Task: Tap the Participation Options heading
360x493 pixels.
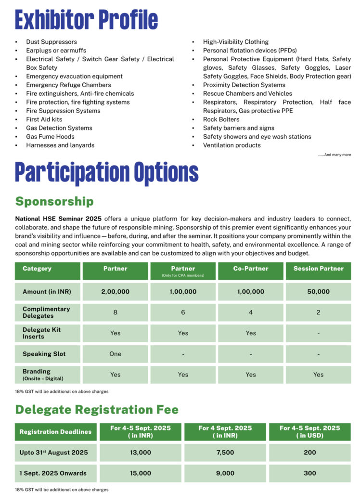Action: pos(106,172)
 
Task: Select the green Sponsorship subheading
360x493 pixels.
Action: pos(54,201)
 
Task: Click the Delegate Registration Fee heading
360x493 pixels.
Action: pos(97,410)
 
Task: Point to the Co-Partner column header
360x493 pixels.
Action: pos(251,269)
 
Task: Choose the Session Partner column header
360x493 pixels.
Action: pos(318,269)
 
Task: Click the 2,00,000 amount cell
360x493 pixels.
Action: pos(115,292)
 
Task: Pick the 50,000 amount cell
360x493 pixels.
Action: pos(318,292)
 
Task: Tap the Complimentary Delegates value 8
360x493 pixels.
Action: pos(115,312)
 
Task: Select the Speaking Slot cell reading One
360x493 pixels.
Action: pos(115,354)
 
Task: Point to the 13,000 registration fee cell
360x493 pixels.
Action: pos(140,453)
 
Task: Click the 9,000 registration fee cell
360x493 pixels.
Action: pos(225,473)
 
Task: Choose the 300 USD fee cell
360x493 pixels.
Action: pos(310,473)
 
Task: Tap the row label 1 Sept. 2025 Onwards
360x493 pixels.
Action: pos(53,473)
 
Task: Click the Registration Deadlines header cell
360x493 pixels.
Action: pos(55,432)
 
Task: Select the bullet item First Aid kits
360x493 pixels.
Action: pos(44,119)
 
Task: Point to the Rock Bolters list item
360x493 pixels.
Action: pos(221,119)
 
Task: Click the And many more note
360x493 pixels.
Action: pos(334,155)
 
